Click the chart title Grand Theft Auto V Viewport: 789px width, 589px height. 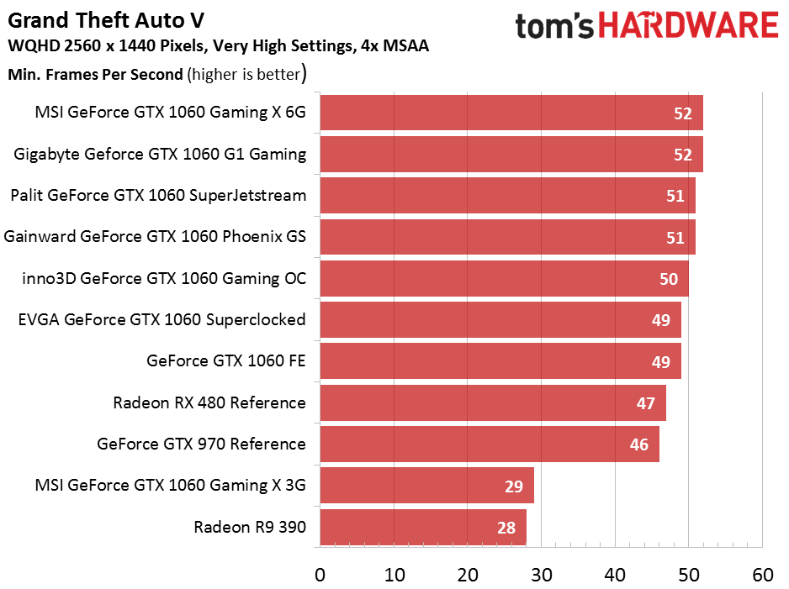point(105,18)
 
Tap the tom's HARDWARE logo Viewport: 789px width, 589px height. point(646,26)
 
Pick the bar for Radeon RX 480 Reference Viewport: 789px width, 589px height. point(492,402)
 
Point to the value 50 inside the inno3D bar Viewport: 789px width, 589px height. point(669,279)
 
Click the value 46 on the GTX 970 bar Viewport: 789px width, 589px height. point(639,444)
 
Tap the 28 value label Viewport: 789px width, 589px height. point(506,528)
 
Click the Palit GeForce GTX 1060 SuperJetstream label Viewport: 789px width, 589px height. point(158,196)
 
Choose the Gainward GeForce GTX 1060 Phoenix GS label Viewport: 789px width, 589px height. point(155,237)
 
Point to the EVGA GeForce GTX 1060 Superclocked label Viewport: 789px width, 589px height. point(162,320)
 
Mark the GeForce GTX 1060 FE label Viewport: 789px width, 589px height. point(225,361)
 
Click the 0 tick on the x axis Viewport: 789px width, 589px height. point(320,575)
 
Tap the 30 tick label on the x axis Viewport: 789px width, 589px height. point(542,575)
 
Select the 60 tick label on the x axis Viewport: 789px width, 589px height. point(762,575)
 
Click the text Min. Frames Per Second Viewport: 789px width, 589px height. point(95,74)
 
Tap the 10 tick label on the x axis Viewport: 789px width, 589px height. point(394,575)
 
